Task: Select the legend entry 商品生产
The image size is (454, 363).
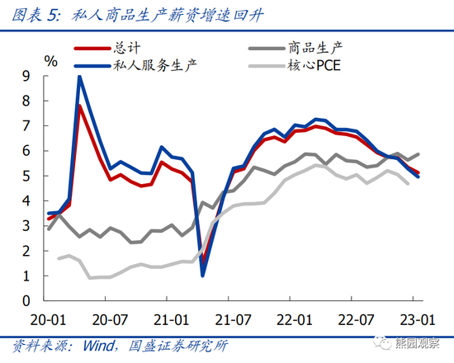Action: click(x=316, y=47)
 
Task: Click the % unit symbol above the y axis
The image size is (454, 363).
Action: click(x=51, y=60)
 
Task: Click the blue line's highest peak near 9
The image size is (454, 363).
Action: click(x=79, y=77)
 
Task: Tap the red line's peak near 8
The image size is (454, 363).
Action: click(x=80, y=106)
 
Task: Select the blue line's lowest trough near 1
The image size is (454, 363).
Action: click(x=203, y=275)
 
